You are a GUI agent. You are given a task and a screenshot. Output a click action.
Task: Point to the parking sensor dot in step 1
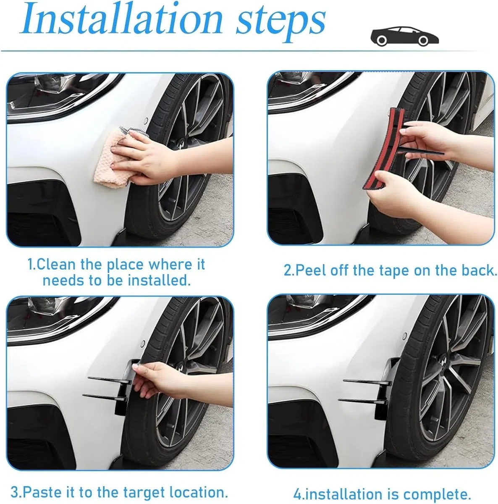146,121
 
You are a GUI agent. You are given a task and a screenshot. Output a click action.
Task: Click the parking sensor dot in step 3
143,343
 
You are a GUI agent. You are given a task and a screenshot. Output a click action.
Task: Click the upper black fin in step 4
367,382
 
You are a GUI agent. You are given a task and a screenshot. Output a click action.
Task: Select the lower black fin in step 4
362,401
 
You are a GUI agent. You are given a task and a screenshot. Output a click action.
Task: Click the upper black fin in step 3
110,380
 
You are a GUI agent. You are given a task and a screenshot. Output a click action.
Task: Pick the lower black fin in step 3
103,397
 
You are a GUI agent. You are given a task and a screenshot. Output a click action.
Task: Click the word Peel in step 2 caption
311,270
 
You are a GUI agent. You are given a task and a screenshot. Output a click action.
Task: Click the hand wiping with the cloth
147,157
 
